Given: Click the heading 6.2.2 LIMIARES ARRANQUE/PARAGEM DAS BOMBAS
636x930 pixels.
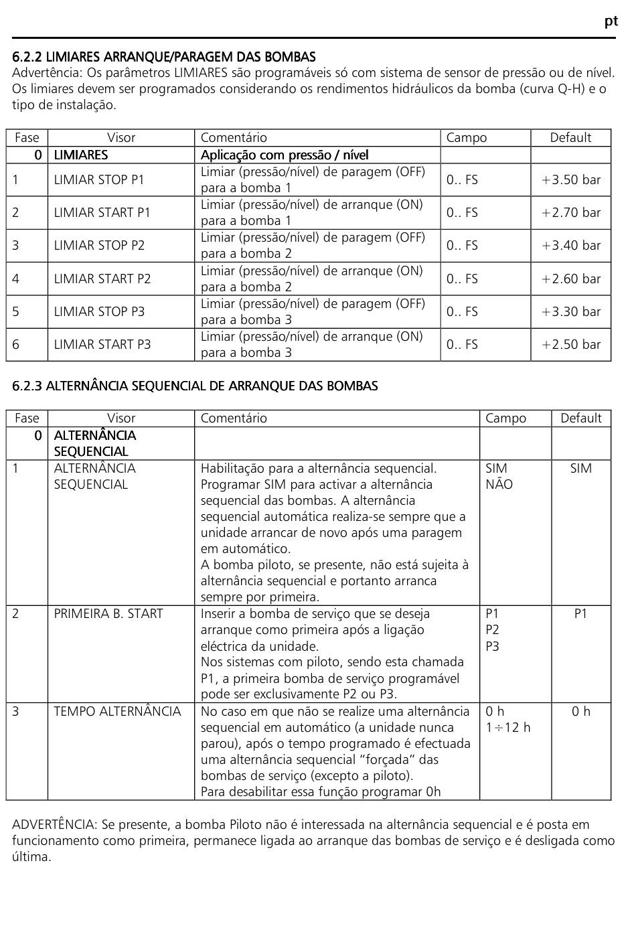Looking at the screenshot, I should pos(164,57).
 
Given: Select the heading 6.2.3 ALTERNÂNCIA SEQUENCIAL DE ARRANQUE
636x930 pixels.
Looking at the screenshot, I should pos(195,386).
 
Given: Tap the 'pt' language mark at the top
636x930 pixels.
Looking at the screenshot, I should pos(611,21).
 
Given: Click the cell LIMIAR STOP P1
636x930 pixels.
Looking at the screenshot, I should pos(99,179).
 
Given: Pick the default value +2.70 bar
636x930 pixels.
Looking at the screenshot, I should pos(571,212).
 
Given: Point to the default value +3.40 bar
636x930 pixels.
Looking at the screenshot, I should pos(571,245).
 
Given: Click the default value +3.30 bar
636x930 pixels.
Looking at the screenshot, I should pos(571,311).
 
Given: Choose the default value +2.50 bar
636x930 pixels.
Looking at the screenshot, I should pos(571,344).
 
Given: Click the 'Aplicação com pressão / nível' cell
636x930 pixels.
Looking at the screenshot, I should pos(285,155).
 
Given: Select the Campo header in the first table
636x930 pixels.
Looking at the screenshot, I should pos(467,137).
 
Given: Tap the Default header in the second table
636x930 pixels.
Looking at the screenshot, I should pos(580,418).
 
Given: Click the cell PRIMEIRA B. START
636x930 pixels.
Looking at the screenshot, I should pos(108,613).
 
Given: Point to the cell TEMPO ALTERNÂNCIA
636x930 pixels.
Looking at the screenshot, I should pos(117,711).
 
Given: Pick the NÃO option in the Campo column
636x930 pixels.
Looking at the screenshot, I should pos(499,484).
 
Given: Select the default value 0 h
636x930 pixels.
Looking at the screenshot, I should pos(580,711).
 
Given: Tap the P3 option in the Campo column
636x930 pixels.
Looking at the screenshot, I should pos(492,646).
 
